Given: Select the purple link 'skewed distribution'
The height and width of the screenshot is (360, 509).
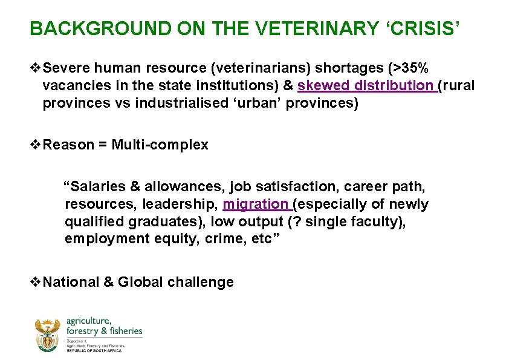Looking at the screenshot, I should (x=365, y=86).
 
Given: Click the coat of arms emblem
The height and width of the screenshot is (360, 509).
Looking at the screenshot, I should (x=47, y=336).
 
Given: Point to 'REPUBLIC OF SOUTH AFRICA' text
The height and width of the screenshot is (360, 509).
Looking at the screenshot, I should (x=94, y=351).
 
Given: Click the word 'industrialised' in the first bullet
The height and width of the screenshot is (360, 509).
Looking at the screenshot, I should (x=182, y=103).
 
